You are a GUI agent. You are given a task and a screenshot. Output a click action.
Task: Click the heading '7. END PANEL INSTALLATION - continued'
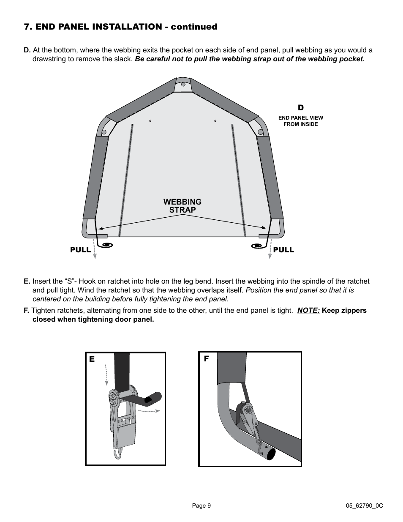click(x=120, y=27)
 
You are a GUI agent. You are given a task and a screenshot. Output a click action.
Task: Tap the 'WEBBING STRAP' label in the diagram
click(x=182, y=206)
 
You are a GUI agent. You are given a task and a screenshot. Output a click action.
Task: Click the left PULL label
click(x=80, y=250)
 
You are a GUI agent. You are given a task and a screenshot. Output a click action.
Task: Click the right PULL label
click(x=283, y=250)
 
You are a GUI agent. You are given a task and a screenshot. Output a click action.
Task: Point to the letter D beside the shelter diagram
click(x=301, y=108)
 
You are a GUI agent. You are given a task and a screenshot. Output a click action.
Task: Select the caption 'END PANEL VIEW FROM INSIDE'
click(x=301, y=121)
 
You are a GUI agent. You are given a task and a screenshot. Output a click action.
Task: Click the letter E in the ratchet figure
click(x=92, y=359)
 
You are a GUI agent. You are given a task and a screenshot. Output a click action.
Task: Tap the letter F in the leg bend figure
click(x=207, y=359)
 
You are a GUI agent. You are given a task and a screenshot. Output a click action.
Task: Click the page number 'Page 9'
click(x=201, y=506)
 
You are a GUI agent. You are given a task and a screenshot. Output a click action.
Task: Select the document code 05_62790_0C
click(x=364, y=506)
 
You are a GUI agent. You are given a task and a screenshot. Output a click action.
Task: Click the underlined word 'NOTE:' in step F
click(x=308, y=311)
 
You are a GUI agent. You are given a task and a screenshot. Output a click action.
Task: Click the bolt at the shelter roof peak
click(x=183, y=84)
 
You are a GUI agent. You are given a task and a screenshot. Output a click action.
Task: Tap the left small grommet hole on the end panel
click(x=150, y=121)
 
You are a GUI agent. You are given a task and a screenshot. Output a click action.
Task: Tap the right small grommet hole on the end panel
click(x=215, y=121)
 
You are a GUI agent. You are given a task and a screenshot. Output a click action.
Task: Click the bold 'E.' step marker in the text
click(x=27, y=281)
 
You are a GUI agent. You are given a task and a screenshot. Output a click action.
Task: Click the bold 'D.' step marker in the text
click(x=27, y=50)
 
